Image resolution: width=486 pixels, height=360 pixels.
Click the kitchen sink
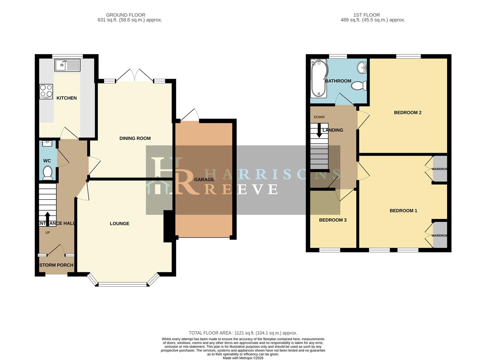tap(68, 65)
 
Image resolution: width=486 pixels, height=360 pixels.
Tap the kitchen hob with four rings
tap(46, 91)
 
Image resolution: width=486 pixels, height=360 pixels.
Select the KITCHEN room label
tap(67, 98)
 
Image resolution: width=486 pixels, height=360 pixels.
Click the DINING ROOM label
tap(135, 138)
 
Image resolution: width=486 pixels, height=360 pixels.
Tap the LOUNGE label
tap(119, 224)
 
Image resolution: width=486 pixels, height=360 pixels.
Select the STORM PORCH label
tap(56, 265)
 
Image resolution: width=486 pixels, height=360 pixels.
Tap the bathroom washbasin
tap(361, 68)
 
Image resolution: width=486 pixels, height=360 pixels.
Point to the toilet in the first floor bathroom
tap(358, 86)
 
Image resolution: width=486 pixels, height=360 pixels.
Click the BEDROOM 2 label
tap(407, 113)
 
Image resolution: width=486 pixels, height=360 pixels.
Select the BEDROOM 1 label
tap(403, 211)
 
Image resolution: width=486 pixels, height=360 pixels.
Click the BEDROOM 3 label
tap(333, 220)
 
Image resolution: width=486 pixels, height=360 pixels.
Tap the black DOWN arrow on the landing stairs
tap(319, 131)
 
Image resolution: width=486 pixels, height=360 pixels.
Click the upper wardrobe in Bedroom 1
tap(440, 169)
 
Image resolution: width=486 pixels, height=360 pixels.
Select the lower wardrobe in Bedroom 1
tap(440, 235)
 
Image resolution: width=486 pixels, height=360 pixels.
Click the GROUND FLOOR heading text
tap(126, 15)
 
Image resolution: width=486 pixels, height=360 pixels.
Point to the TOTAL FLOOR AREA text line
tap(243, 333)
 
